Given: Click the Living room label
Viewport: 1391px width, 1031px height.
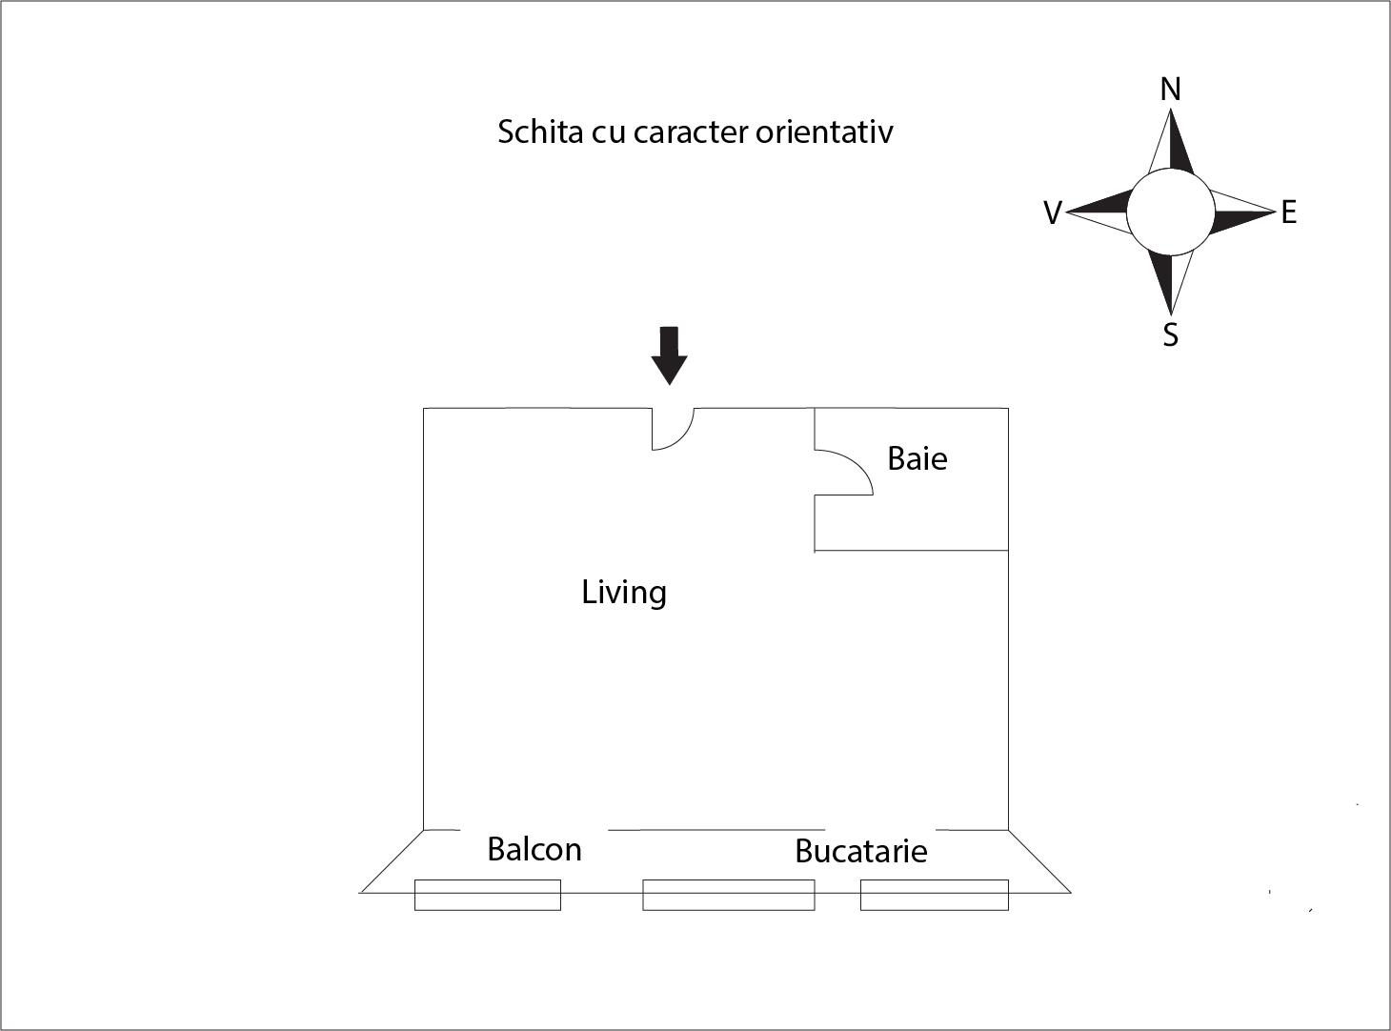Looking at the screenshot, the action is tap(624, 593).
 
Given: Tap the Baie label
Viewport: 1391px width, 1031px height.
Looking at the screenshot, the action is tap(917, 458).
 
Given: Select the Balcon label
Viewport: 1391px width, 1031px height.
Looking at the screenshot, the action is tap(534, 850).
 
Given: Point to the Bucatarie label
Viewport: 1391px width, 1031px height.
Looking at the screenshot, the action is tap(861, 852).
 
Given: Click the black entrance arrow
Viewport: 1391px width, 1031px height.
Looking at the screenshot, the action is tap(669, 355).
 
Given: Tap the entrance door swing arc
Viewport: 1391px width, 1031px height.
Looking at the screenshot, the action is tap(673, 429).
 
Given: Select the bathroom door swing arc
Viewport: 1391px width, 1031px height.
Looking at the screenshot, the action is tap(843, 472).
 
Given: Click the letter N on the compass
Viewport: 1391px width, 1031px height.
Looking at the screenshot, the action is tap(1170, 90).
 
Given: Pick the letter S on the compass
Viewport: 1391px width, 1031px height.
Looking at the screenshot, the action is tap(1170, 334).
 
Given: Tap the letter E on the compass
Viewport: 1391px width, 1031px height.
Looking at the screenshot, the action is tap(1289, 212).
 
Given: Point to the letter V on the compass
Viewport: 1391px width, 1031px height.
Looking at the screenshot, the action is tap(1053, 213).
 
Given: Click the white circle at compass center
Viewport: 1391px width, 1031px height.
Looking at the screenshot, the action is tap(1170, 212).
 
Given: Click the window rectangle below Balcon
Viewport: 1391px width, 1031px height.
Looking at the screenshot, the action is tap(487, 895).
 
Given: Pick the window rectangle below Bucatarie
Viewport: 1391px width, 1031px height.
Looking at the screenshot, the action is tap(935, 895).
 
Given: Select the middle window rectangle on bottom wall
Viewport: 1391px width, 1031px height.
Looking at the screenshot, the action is tap(729, 895).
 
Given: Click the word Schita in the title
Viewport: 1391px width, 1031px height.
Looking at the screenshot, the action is tap(540, 131).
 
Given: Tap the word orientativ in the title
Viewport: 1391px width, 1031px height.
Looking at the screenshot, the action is tap(824, 131).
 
